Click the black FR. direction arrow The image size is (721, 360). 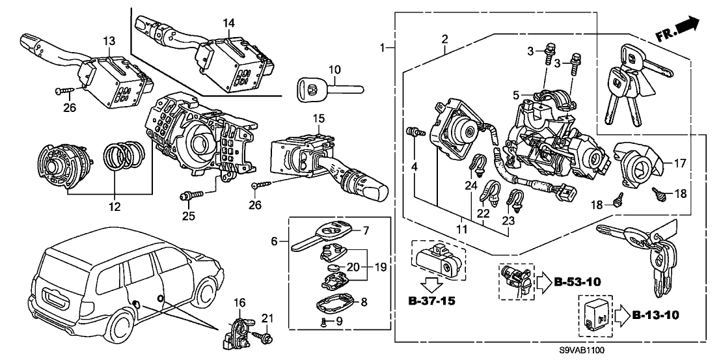point(690,25)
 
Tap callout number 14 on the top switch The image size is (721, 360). point(228,23)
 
